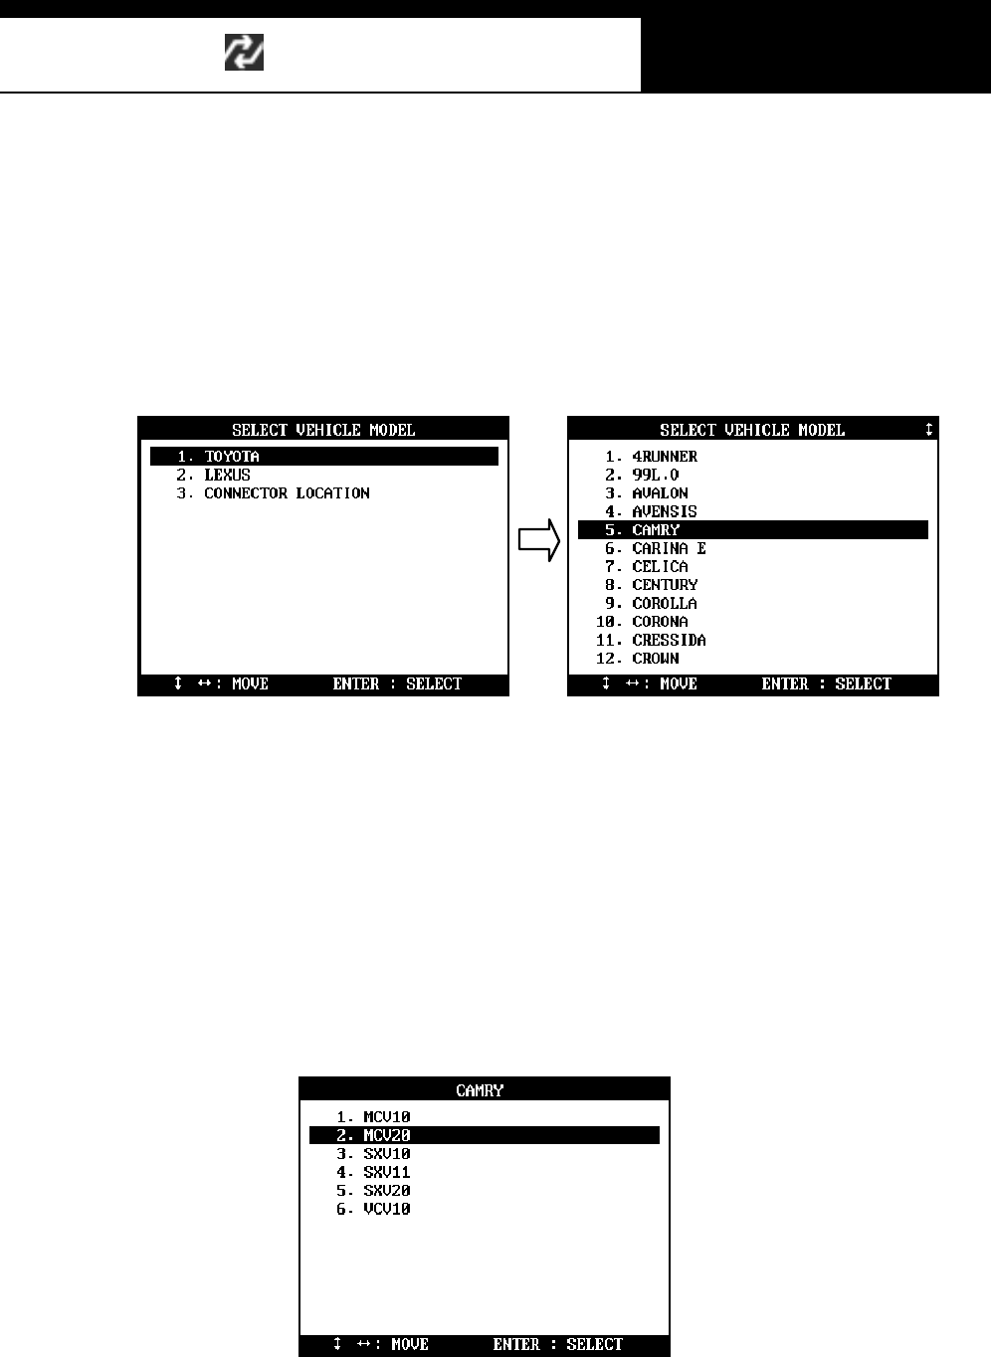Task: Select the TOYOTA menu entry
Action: pos(231,457)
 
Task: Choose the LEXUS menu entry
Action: pos(227,475)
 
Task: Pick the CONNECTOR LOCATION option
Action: pos(287,493)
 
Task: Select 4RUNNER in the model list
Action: pos(665,457)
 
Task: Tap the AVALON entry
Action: pos(660,493)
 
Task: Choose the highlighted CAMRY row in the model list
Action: pos(656,530)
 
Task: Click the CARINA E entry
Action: pos(669,548)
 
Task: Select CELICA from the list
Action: pos(660,567)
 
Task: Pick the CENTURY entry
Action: pos(665,585)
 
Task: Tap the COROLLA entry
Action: pos(665,604)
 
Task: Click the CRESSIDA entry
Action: pos(669,641)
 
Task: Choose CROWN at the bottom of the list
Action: pos(656,659)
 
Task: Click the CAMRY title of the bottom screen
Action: pos(480,1090)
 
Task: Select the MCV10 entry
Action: pos(386,1117)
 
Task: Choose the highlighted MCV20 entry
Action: pos(386,1135)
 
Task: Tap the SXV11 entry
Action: pos(386,1172)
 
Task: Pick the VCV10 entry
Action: pos(386,1209)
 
